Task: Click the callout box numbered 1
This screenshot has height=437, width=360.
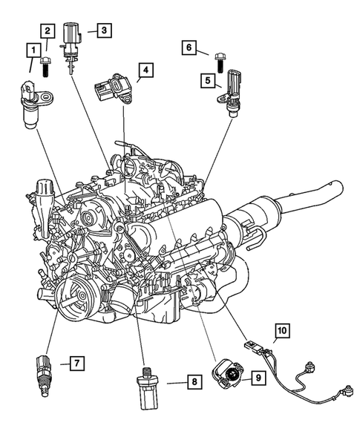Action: [x=33, y=50]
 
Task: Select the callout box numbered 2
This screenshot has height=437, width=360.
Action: [x=48, y=30]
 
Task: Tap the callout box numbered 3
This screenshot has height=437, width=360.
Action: [x=103, y=30]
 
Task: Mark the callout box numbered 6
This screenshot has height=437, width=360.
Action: [x=189, y=47]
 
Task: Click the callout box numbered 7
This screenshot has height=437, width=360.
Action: [x=76, y=363]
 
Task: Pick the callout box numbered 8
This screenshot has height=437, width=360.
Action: [x=193, y=382]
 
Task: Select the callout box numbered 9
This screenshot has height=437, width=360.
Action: [x=258, y=378]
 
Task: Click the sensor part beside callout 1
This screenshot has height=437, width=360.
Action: [x=34, y=102]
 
